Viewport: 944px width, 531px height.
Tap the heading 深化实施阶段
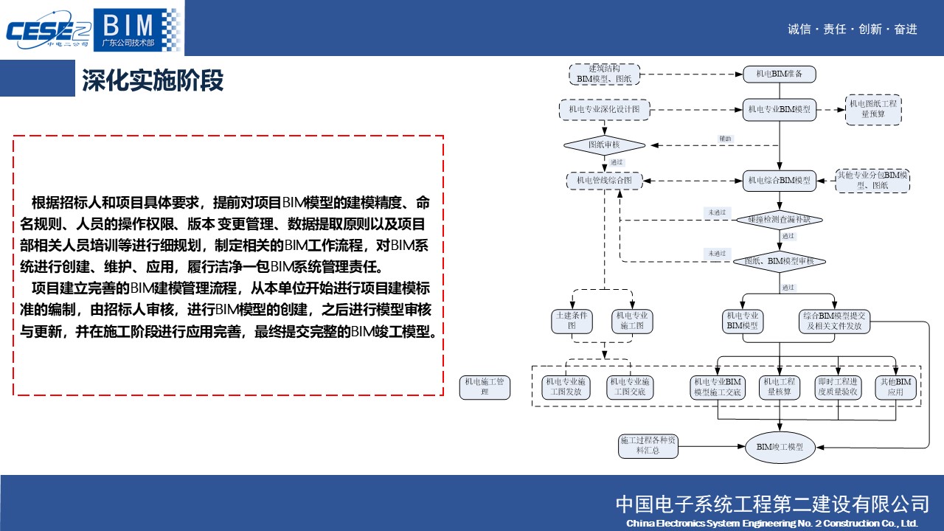pos(153,80)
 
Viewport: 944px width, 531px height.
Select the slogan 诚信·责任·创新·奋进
pos(853,29)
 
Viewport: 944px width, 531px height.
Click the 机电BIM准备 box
pos(779,74)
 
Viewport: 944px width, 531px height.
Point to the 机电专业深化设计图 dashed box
pos(604,110)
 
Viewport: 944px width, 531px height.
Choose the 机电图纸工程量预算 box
pos(873,109)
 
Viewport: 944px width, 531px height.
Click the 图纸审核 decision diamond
pos(604,145)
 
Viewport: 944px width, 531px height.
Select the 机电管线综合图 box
pos(604,180)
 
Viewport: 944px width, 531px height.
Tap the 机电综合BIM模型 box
pos(779,180)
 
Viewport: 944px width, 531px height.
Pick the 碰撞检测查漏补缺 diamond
pos(779,219)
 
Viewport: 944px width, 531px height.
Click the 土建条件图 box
pos(572,320)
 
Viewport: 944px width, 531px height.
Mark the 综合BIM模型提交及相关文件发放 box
pos(835,320)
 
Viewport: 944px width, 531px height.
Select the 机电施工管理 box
pos(485,387)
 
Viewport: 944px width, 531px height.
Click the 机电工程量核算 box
pos(780,387)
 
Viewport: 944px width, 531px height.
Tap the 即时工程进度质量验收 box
pos(838,387)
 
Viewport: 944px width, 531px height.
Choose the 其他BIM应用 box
pos(895,387)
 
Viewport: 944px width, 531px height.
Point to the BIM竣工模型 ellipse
pos(780,447)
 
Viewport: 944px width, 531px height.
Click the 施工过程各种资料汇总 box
pos(647,445)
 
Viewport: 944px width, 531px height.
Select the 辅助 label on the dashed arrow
pos(726,139)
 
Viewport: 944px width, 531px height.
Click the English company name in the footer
pos(771,523)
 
